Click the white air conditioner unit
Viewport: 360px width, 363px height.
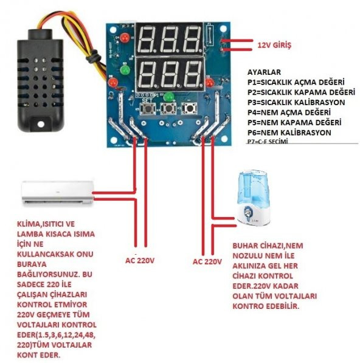click(x=58, y=191)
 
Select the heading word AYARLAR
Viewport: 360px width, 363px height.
click(x=266, y=71)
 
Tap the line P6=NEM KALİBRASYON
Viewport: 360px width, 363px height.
click(x=289, y=132)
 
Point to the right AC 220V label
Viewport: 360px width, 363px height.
click(x=209, y=261)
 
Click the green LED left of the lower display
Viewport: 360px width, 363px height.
click(x=125, y=69)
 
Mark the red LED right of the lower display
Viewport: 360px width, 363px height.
click(x=209, y=82)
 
